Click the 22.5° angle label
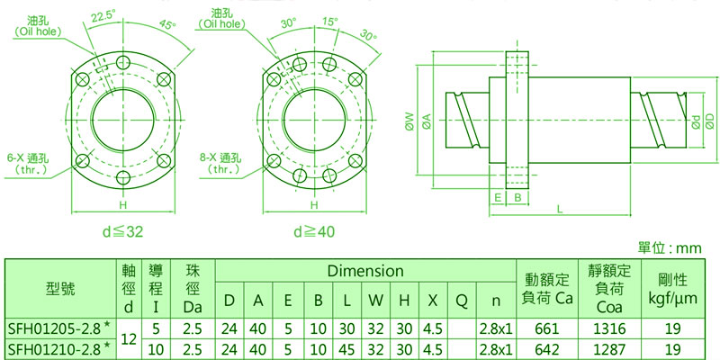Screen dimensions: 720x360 [103, 16]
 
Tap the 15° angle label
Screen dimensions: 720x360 [329, 21]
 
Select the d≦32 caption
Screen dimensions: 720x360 [122, 232]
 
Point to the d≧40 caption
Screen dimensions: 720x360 [314, 232]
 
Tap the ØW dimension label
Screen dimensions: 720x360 [410, 121]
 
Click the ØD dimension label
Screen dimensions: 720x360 [710, 121]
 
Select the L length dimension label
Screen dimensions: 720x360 [560, 209]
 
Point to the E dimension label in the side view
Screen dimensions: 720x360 [498, 197]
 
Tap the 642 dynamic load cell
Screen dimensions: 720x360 [546, 349]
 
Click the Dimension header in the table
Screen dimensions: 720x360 [365, 271]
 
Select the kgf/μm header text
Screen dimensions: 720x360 [672, 300]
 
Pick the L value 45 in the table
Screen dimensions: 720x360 [347, 349]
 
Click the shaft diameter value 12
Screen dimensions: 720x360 [129, 339]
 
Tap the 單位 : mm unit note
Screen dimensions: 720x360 [670, 248]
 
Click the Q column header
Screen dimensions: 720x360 [462, 301]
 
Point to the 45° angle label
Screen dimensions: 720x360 [168, 24]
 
